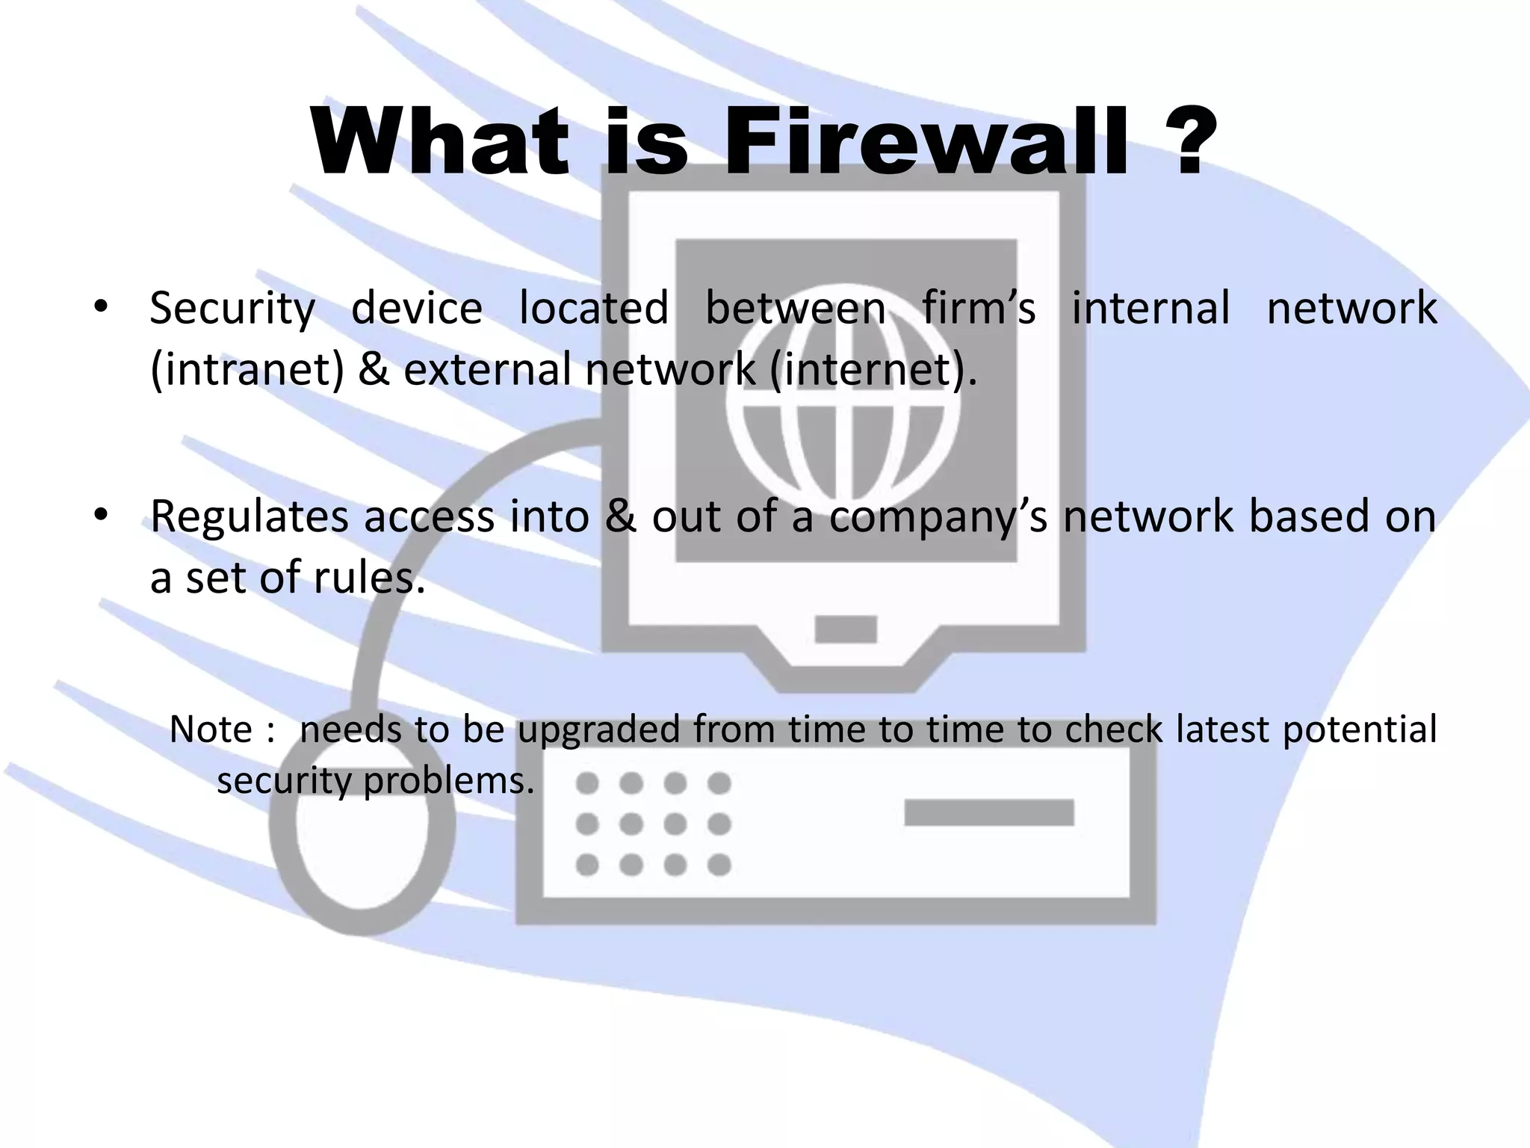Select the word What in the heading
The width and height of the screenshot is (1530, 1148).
coord(441,142)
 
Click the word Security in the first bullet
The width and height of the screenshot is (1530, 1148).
coord(232,309)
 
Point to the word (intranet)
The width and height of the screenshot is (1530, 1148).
coord(247,369)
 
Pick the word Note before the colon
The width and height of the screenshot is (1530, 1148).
coord(211,729)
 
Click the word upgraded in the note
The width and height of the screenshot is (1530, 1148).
coord(598,729)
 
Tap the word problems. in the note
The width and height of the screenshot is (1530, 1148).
coord(449,781)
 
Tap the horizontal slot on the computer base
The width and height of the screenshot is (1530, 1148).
coord(988,812)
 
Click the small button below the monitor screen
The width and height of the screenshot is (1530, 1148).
coord(845,629)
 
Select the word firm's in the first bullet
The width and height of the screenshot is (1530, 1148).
coord(978,309)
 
